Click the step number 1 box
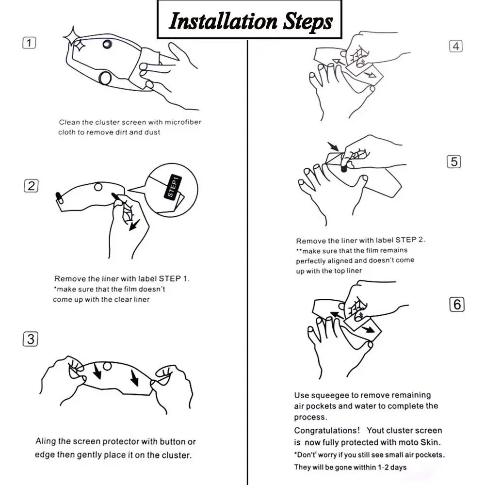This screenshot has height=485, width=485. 29,43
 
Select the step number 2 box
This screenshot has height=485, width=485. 31,186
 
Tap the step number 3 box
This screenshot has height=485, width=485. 30,339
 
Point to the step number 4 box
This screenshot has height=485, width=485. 455,47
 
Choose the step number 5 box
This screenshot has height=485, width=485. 454,162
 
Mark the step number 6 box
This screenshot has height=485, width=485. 457,305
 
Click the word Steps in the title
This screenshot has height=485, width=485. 308,22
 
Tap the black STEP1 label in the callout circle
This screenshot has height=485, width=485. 173,187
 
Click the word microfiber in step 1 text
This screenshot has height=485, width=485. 183,122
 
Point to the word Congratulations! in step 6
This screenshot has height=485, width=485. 327,431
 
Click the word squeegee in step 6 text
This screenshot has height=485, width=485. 333,396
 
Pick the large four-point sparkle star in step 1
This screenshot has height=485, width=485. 73,37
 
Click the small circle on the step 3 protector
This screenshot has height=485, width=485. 107,367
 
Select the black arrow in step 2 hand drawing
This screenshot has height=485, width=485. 134,225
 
